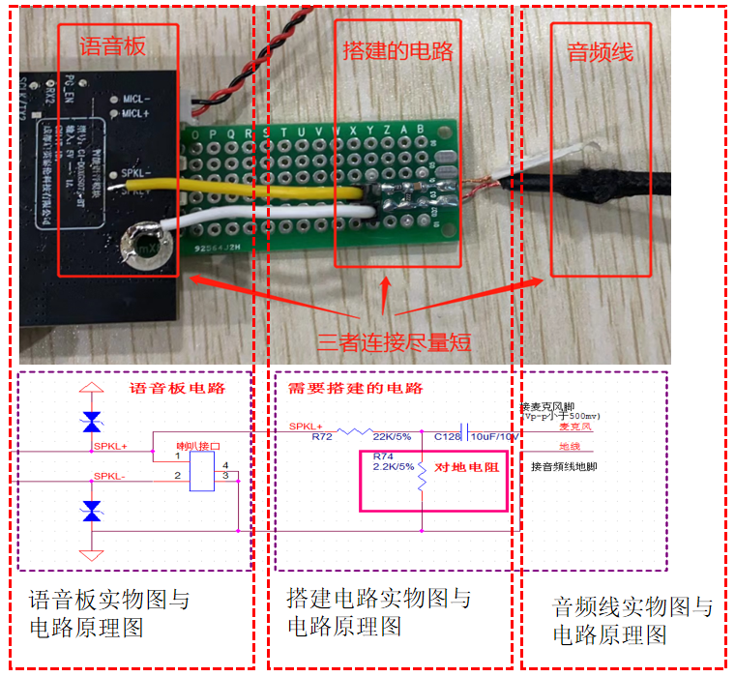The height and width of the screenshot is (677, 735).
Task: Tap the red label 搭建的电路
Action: coord(397,50)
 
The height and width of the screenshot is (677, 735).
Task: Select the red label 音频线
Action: coord(600,51)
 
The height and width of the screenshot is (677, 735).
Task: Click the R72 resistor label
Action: coord(321,437)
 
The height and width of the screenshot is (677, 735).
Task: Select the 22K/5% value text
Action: coord(392,437)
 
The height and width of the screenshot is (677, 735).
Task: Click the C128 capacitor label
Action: coord(448,437)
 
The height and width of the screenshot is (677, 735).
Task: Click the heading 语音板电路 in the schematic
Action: coord(177,389)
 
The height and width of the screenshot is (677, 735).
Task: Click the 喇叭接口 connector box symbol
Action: coord(202,471)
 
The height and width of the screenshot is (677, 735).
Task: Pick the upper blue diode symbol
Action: coord(92,421)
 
